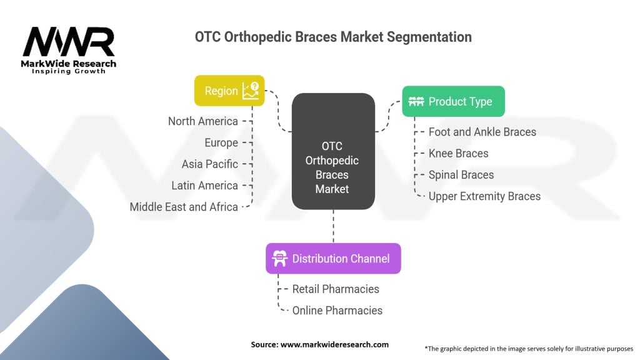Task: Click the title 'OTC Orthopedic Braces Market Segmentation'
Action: [333, 37]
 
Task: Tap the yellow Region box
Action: [229, 91]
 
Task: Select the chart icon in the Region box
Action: [253, 91]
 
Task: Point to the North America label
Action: [202, 121]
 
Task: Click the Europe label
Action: [221, 142]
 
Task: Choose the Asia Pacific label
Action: [209, 164]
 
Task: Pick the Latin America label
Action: [204, 185]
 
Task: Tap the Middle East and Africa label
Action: [184, 206]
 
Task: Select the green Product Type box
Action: [453, 101]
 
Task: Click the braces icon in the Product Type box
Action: [416, 101]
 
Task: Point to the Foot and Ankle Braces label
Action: [482, 132]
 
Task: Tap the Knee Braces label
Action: [458, 153]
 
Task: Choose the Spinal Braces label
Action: [461, 174]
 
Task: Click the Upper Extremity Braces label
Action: [484, 196]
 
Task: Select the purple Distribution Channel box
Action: [333, 259]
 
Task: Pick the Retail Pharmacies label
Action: [336, 289]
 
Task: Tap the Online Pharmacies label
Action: [337, 310]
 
